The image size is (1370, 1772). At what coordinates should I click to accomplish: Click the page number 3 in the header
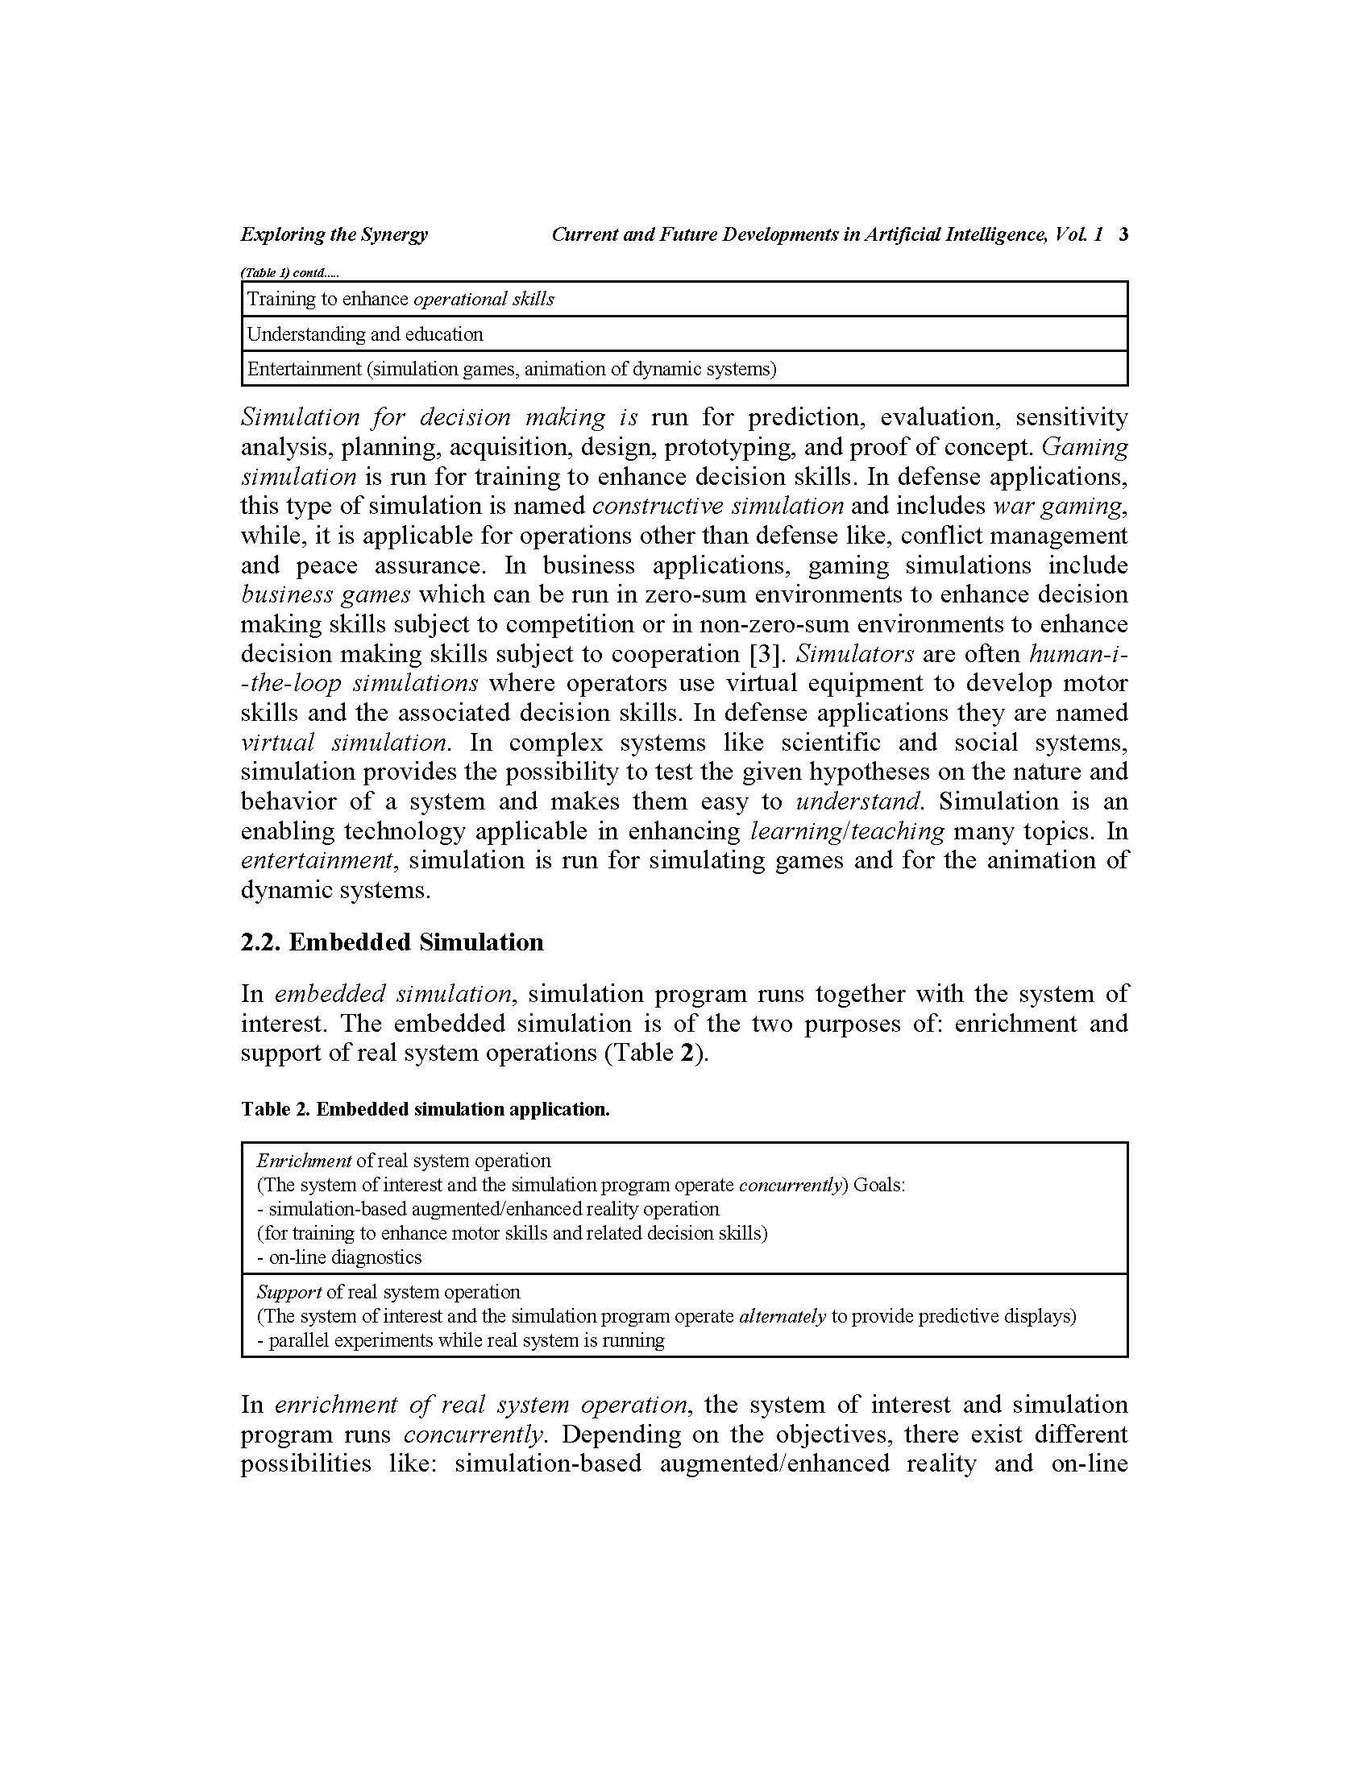(x=1123, y=234)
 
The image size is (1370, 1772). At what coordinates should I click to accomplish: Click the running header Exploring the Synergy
(x=334, y=234)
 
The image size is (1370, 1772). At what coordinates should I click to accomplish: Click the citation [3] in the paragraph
(x=767, y=653)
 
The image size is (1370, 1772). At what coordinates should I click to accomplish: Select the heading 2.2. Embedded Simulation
(x=392, y=942)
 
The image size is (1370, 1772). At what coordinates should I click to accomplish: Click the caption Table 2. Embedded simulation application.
(x=425, y=1109)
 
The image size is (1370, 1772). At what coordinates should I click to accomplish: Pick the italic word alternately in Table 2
(x=783, y=1316)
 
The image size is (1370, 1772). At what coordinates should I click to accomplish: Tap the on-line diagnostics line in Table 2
(x=339, y=1257)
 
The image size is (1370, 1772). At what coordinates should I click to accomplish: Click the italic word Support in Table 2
(x=289, y=1292)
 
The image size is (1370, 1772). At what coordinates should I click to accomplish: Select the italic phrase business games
(x=326, y=594)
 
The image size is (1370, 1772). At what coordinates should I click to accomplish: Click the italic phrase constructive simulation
(x=717, y=506)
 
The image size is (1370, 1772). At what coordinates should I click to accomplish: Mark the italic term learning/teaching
(x=847, y=831)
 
